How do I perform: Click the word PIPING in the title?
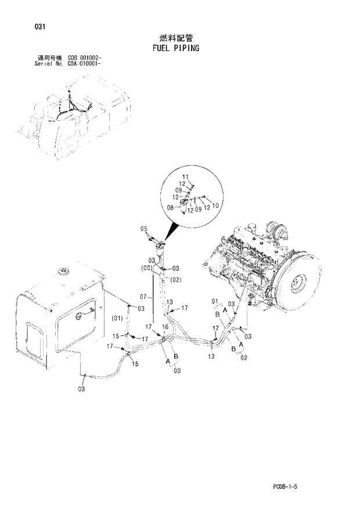click(x=186, y=48)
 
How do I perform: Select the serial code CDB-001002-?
click(x=85, y=59)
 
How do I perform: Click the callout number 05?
click(x=143, y=229)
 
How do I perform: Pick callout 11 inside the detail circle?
click(x=185, y=176)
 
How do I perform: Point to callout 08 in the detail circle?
click(x=171, y=206)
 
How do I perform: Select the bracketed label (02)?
click(x=176, y=280)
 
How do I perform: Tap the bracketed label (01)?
click(x=117, y=318)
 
